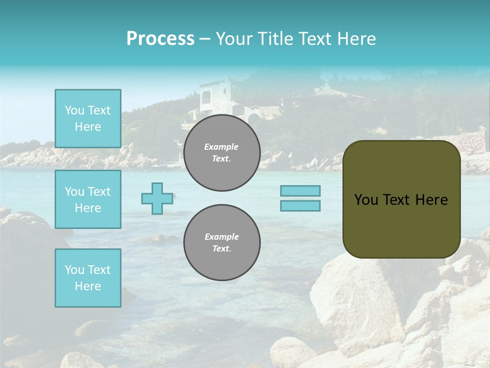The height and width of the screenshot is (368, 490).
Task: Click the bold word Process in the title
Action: [160, 39]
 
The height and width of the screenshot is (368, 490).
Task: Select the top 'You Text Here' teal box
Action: [88, 119]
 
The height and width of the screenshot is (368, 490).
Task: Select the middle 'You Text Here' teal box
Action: [88, 199]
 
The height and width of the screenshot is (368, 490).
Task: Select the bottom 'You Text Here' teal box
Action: [88, 278]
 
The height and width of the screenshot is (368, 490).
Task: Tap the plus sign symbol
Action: [157, 198]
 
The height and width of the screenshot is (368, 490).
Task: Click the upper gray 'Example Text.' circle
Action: [222, 153]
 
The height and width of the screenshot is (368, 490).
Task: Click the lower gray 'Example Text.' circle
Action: [222, 243]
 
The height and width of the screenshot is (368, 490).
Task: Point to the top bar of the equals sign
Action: [301, 191]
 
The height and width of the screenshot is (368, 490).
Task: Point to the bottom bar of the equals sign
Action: [301, 205]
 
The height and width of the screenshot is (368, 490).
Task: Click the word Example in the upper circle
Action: [221, 147]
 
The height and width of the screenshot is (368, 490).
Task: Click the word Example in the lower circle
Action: [222, 237]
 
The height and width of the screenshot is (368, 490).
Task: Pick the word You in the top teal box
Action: [75, 110]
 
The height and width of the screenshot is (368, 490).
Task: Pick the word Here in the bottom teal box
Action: [88, 286]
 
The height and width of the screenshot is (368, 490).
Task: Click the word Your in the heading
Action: [234, 39]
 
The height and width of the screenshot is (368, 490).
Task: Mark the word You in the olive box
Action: [366, 200]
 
